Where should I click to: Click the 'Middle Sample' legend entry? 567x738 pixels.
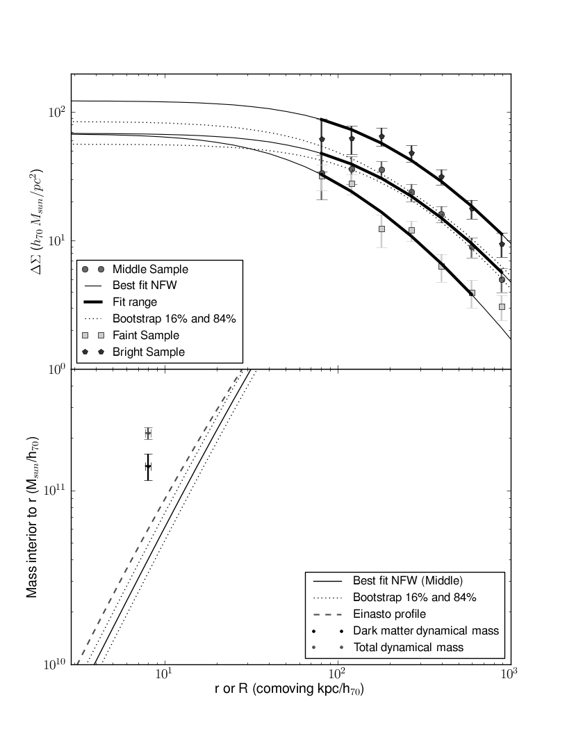[x=149, y=269]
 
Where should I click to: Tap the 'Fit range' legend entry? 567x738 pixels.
[x=134, y=302]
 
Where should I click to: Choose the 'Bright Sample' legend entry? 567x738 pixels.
[x=147, y=352]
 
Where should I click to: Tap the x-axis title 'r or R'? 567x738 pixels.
[x=290, y=691]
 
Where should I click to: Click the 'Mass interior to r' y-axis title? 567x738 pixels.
[x=33, y=518]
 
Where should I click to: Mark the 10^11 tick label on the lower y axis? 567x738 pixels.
[x=55, y=490]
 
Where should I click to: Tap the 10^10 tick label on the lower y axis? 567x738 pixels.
[x=55, y=664]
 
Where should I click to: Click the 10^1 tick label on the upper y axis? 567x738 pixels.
[x=57, y=240]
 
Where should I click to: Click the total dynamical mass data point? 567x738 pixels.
[x=148, y=433]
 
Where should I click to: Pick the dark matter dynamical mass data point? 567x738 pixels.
[x=148, y=466]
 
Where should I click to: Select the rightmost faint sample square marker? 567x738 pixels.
[x=502, y=306]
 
